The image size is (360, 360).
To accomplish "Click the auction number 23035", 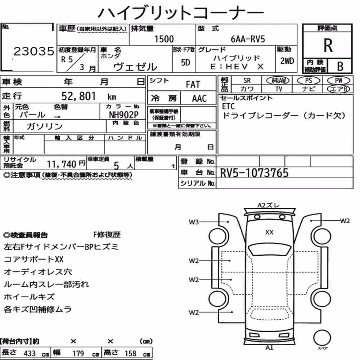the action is (x=34, y=51).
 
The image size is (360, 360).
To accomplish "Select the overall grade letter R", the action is (x=328, y=45).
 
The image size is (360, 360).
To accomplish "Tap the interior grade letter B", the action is (x=340, y=66).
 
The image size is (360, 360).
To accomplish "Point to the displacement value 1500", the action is (x=164, y=39).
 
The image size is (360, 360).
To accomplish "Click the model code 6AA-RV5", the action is (x=248, y=39).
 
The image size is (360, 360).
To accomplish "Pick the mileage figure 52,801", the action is (x=79, y=96).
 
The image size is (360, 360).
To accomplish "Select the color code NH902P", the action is (x=123, y=114).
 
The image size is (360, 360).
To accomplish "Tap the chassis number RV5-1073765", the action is (x=254, y=173).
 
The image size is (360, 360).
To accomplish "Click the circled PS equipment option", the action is (x=309, y=81).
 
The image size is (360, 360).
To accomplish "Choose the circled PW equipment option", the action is (x=338, y=81).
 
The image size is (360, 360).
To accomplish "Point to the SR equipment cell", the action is (x=247, y=81).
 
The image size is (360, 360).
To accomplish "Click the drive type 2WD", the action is (x=287, y=61).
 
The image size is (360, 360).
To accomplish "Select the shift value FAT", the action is (x=193, y=85).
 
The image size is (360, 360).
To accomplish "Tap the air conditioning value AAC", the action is (x=199, y=99).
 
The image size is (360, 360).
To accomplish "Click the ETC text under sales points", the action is (x=228, y=106).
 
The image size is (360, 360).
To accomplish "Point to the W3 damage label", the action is (x=194, y=222).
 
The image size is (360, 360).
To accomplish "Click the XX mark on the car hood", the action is (x=269, y=232).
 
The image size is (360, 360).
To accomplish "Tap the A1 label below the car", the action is (x=269, y=348).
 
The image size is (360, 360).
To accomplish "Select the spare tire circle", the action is (x=322, y=338).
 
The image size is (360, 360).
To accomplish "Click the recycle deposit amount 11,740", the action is (x=62, y=164).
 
